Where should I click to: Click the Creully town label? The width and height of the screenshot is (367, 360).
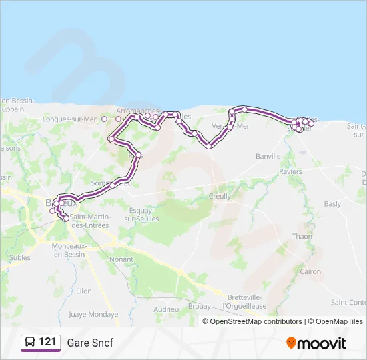coord(220,197)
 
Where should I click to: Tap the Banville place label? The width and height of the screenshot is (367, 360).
coord(268,156)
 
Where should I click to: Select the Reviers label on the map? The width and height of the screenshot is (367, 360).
coord(290,171)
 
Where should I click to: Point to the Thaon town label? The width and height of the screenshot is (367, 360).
coord(302,236)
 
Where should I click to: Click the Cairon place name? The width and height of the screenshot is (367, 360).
coord(310,271)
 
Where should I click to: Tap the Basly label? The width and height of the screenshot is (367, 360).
coord(332,204)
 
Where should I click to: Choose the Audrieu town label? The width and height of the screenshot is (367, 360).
coord(166,309)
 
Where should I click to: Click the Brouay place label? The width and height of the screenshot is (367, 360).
coord(200,307)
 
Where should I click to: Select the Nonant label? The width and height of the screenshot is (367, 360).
coord(121,259)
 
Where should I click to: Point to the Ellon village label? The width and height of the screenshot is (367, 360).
coord(84,291)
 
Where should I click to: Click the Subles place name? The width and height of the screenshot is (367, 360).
coord(20,257)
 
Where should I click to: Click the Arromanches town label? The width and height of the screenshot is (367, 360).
coord(137,111)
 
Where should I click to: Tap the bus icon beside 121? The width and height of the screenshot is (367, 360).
coord(30,343)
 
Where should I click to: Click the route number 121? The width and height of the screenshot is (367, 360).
coord(47,342)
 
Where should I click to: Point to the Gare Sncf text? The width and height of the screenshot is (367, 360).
coord(90,343)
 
